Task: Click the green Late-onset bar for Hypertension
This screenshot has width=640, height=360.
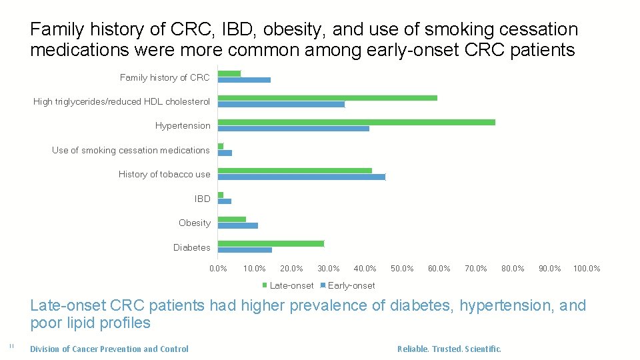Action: tap(357, 122)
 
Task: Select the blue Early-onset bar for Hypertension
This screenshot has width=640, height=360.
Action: tap(293, 129)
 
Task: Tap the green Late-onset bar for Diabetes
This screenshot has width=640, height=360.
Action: tap(271, 243)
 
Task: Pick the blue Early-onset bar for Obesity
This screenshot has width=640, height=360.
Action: tap(238, 226)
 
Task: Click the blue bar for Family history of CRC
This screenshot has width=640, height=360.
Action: tap(244, 80)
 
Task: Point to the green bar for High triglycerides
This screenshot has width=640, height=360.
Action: tap(327, 98)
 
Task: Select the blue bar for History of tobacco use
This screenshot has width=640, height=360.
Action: tap(301, 177)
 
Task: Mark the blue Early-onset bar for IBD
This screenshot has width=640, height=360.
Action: tap(225, 201)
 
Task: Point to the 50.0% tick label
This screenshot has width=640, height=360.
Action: tap(402, 269)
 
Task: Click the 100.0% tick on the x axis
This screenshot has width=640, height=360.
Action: tap(587, 269)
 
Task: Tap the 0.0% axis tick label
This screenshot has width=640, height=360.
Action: tap(218, 269)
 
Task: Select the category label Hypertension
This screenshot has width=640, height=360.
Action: tap(183, 125)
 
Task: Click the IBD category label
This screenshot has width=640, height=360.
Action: tap(202, 199)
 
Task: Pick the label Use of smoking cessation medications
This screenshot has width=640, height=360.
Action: tap(131, 150)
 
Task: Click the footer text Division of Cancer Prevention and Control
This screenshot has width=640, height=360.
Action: tap(109, 349)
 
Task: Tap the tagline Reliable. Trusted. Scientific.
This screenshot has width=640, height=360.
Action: tap(449, 349)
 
